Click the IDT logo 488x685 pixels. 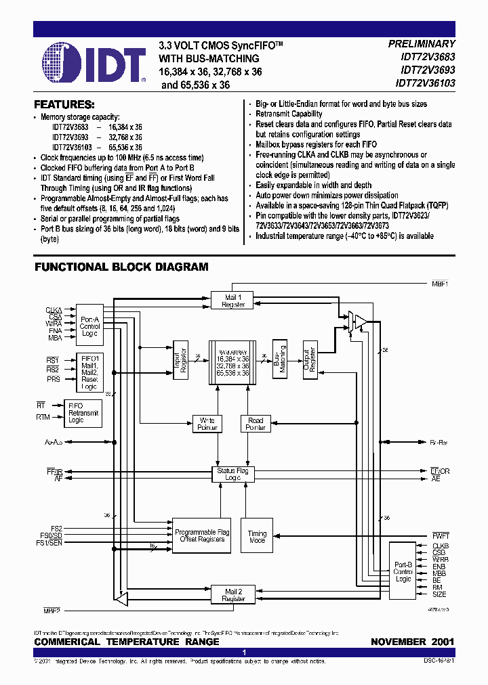(x=94, y=62)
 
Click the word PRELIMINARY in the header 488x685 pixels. (x=421, y=43)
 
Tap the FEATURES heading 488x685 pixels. (x=64, y=105)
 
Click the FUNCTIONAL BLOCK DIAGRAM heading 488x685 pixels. (x=121, y=267)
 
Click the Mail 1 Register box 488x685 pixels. (x=234, y=301)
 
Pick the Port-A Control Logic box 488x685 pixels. (x=89, y=326)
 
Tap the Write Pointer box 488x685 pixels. (x=207, y=424)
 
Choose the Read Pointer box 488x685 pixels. (x=256, y=424)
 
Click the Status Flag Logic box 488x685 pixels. (x=232, y=474)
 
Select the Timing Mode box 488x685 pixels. (x=257, y=537)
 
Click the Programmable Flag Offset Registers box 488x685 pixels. (x=202, y=536)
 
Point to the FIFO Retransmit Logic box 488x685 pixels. (x=83, y=412)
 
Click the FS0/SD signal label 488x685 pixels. (x=51, y=535)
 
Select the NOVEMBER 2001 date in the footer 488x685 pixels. (x=412, y=642)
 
